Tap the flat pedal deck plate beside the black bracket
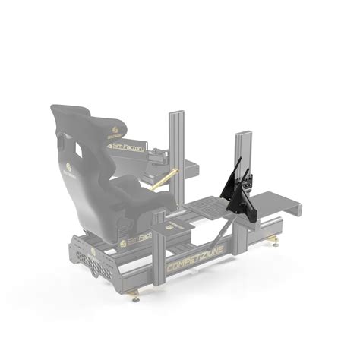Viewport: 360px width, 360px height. [x=205, y=206]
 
